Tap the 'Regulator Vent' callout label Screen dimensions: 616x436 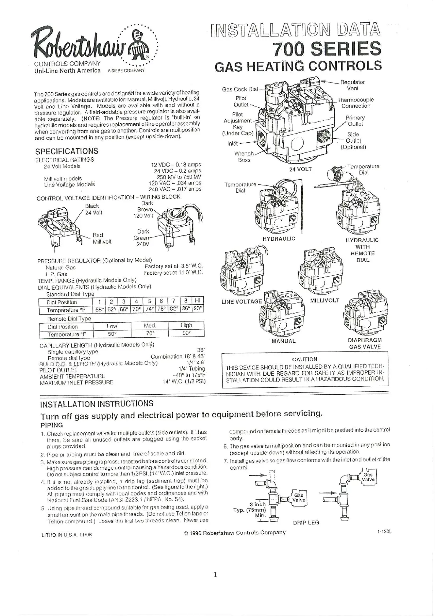point(352,85)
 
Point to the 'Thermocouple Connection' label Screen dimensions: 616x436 point(355,103)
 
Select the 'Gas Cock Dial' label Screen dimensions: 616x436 point(240,89)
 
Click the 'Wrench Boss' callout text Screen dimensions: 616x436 point(244,157)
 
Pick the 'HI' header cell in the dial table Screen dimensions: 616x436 point(198,301)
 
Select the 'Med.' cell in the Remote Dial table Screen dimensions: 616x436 point(150,326)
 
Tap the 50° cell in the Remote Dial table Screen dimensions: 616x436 point(112,334)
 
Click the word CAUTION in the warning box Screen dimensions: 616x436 point(305,359)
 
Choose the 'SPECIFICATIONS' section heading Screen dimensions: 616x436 point(67,151)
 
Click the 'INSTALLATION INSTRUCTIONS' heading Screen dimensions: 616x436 point(97,404)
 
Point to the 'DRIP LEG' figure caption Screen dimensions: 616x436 point(306,522)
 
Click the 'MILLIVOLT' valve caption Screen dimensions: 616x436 point(324,300)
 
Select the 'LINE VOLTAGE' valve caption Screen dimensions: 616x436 point(242,301)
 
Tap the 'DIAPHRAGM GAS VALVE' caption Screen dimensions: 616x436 point(365,343)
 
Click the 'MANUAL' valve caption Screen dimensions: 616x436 point(283,341)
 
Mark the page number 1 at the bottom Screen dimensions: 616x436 point(215,575)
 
